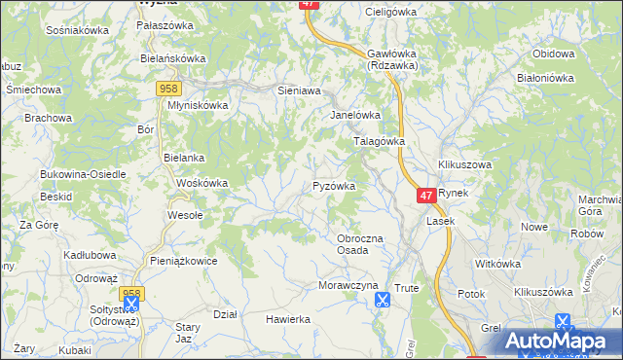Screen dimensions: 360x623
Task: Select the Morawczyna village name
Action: click(347, 285)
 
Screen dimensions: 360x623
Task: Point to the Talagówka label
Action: click(378, 141)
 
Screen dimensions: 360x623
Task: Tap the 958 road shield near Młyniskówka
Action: click(166, 89)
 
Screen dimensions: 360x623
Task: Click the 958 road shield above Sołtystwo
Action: click(131, 292)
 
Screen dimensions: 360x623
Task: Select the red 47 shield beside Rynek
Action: click(425, 196)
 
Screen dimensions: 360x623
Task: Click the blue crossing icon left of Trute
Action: click(382, 300)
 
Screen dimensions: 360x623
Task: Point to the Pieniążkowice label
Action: click(183, 261)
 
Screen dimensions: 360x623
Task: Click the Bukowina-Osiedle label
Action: click(83, 174)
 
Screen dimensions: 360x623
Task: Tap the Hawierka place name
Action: click(288, 318)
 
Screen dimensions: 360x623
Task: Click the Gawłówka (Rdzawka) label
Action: click(392, 59)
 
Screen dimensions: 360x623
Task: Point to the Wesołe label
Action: click(185, 215)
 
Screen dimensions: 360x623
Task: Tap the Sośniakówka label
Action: click(77, 30)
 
